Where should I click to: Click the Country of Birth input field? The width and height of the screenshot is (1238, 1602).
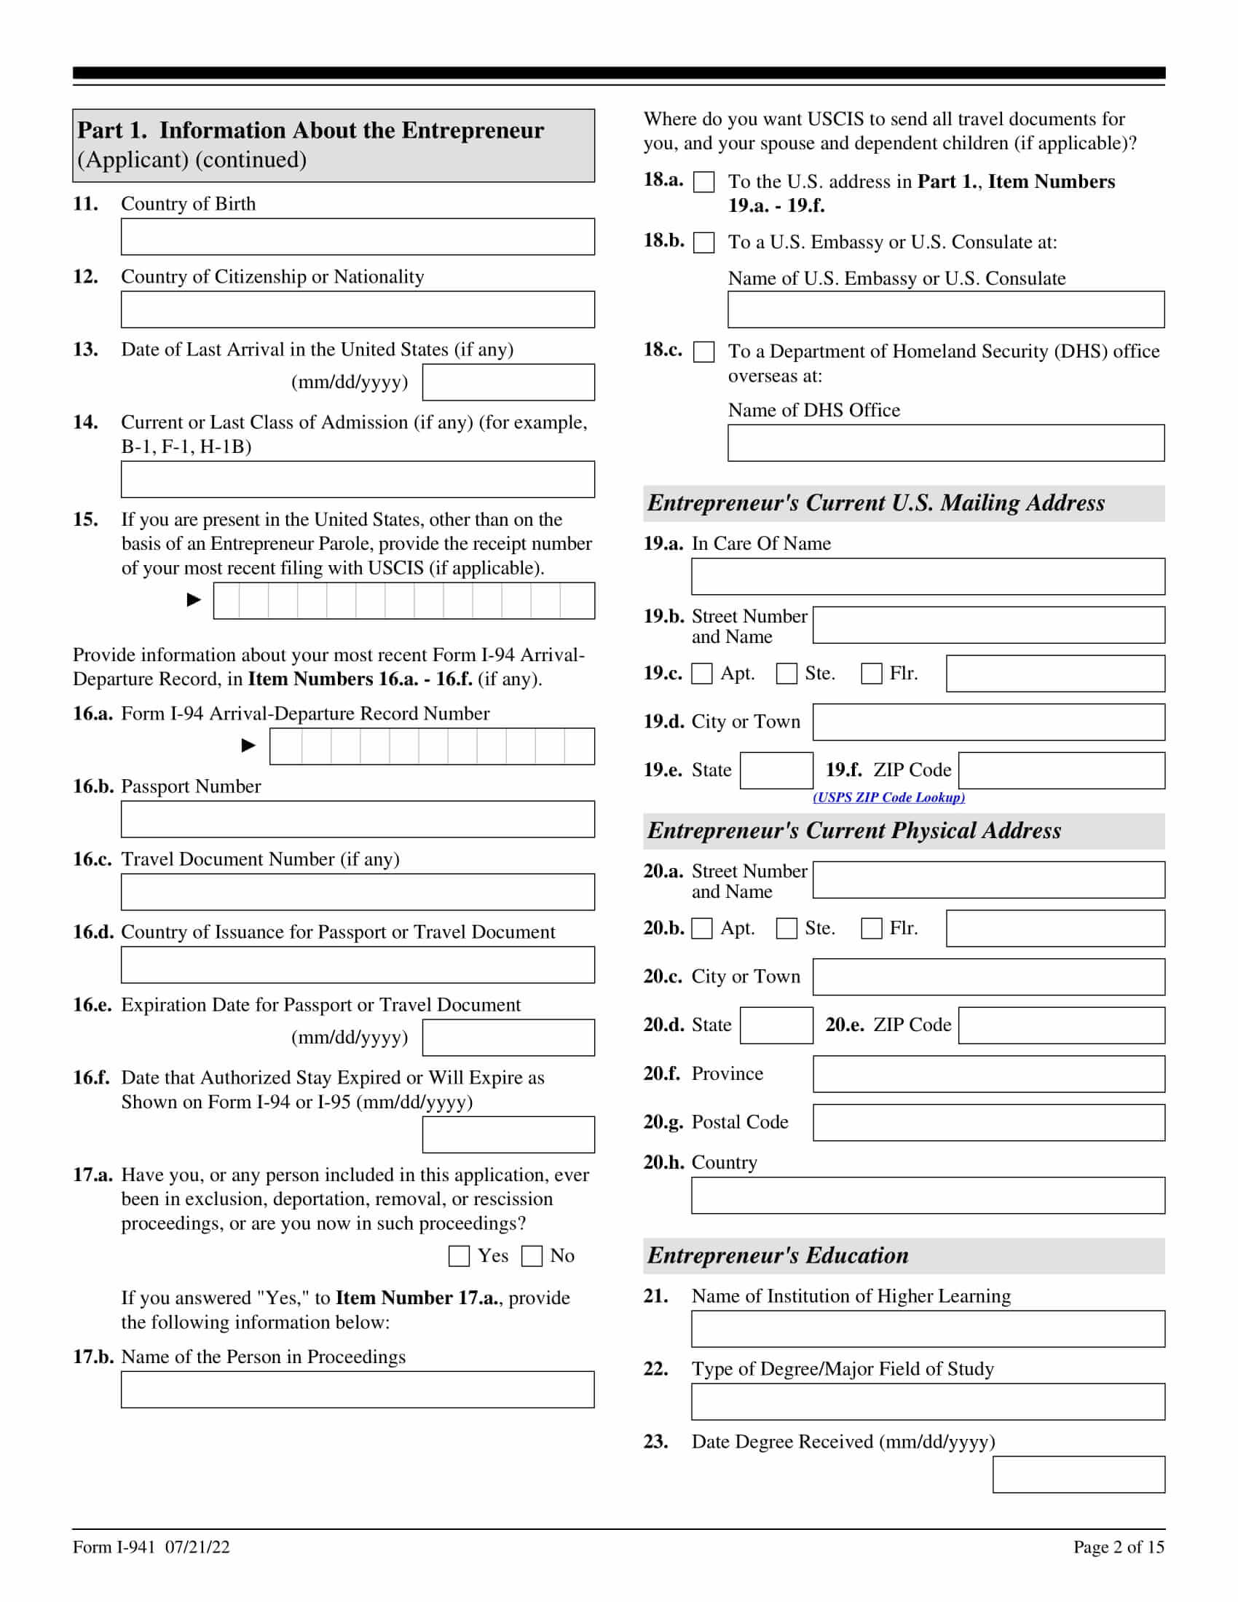pyautogui.click(x=357, y=237)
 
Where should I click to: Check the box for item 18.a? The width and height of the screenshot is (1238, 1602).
pyautogui.click(x=703, y=183)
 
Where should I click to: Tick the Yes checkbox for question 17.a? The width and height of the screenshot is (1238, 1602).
pyautogui.click(x=459, y=1257)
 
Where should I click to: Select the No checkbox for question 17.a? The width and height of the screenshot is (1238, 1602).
pyautogui.click(x=532, y=1257)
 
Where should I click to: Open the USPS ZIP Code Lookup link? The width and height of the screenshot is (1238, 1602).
pyautogui.click(x=888, y=797)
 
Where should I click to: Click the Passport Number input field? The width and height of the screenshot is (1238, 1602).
pyautogui.click(x=357, y=819)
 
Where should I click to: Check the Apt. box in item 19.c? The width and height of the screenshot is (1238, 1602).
pyautogui.click(x=702, y=674)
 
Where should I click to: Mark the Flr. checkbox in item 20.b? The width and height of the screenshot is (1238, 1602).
pyautogui.click(x=871, y=928)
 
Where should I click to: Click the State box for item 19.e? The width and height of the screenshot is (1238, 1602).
pyautogui.click(x=776, y=771)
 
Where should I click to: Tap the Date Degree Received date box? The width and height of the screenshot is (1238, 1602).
pyautogui.click(x=1078, y=1475)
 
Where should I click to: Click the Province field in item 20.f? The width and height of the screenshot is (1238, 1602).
pyautogui.click(x=988, y=1075)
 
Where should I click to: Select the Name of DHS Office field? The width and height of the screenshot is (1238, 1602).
pyautogui.click(x=945, y=443)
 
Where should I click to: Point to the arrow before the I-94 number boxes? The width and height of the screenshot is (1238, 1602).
pyautogui.click(x=248, y=746)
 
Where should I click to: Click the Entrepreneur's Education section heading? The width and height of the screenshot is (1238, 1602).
pyautogui.click(x=778, y=1256)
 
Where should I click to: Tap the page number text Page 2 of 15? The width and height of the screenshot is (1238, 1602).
pyautogui.click(x=1119, y=1547)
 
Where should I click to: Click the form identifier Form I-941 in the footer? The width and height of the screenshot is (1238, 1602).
pyautogui.click(x=114, y=1547)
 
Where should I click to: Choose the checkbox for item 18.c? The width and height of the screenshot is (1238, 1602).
pyautogui.click(x=703, y=352)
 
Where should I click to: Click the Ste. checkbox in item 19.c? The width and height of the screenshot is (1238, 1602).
pyautogui.click(x=786, y=674)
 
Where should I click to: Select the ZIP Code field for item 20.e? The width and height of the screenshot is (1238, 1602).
pyautogui.click(x=1061, y=1025)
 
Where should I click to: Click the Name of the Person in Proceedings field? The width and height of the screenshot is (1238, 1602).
pyautogui.click(x=357, y=1390)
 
